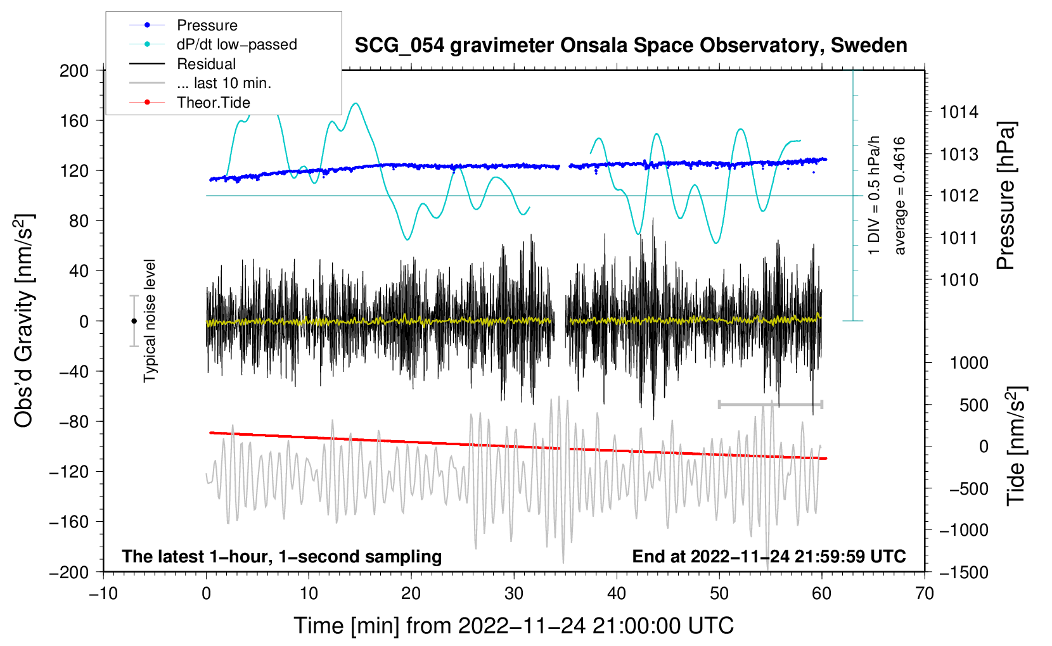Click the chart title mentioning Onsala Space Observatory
point(631,46)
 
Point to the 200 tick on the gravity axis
point(74,71)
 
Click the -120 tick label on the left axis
point(69,472)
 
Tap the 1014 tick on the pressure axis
point(959,112)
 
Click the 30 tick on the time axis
point(514,594)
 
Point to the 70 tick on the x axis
point(924,594)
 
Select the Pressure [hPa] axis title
point(1006,196)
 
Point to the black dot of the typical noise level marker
point(134,321)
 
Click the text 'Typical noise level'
point(150,321)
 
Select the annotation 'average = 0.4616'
point(899,196)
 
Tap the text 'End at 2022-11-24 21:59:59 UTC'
point(769,556)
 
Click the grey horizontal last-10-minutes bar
point(770,404)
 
